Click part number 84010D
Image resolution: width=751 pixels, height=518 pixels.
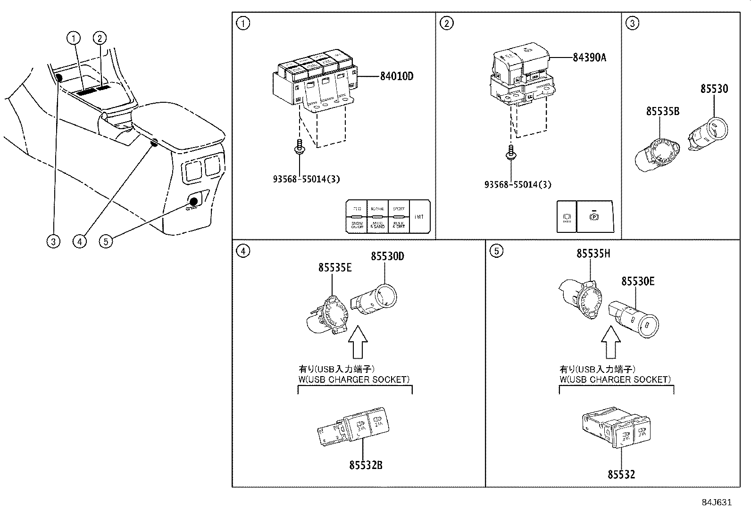point(396,76)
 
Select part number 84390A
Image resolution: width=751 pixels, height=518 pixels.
point(589,58)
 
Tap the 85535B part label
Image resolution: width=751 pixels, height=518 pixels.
point(662,111)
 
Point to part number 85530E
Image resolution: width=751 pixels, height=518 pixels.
point(638,281)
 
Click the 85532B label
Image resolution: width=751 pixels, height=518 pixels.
point(366,465)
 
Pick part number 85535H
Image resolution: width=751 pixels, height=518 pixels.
point(593,254)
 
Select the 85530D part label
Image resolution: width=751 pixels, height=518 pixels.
point(387,256)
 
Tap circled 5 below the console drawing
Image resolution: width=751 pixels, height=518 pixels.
point(106,241)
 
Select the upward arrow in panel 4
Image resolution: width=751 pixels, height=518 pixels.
point(357,343)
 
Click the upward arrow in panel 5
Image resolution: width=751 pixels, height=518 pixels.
point(611,343)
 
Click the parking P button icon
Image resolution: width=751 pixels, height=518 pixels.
point(594,217)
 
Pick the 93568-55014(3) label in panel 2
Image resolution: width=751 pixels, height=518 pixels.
point(517,185)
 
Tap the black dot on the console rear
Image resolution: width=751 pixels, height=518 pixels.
point(194,202)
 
